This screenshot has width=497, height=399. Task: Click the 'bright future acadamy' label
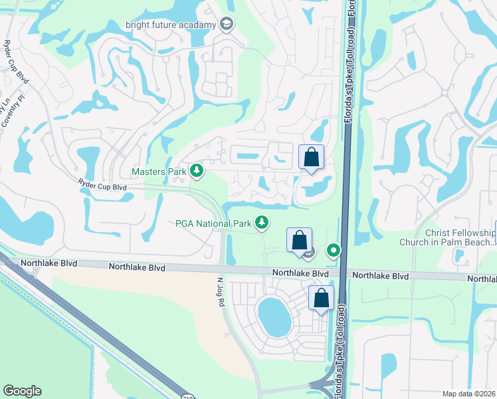pyautogui.click(x=171, y=25)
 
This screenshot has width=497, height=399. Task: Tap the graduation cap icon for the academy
pyautogui.click(x=227, y=25)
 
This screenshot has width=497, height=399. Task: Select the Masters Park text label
pyautogui.click(x=159, y=172)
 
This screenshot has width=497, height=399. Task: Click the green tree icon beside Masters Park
pyautogui.click(x=197, y=172)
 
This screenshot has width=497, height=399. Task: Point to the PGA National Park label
pyautogui.click(x=213, y=223)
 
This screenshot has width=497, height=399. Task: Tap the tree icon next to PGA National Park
pyautogui.click(x=263, y=223)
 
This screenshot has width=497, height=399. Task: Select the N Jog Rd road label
pyautogui.click(x=220, y=293)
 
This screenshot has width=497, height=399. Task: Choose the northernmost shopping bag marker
pyautogui.click(x=311, y=158)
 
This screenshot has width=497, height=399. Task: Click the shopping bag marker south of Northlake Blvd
pyautogui.click(x=321, y=299)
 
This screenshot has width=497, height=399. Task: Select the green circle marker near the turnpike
pyautogui.click(x=334, y=251)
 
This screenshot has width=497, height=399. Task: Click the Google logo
pyautogui.click(x=22, y=391)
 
